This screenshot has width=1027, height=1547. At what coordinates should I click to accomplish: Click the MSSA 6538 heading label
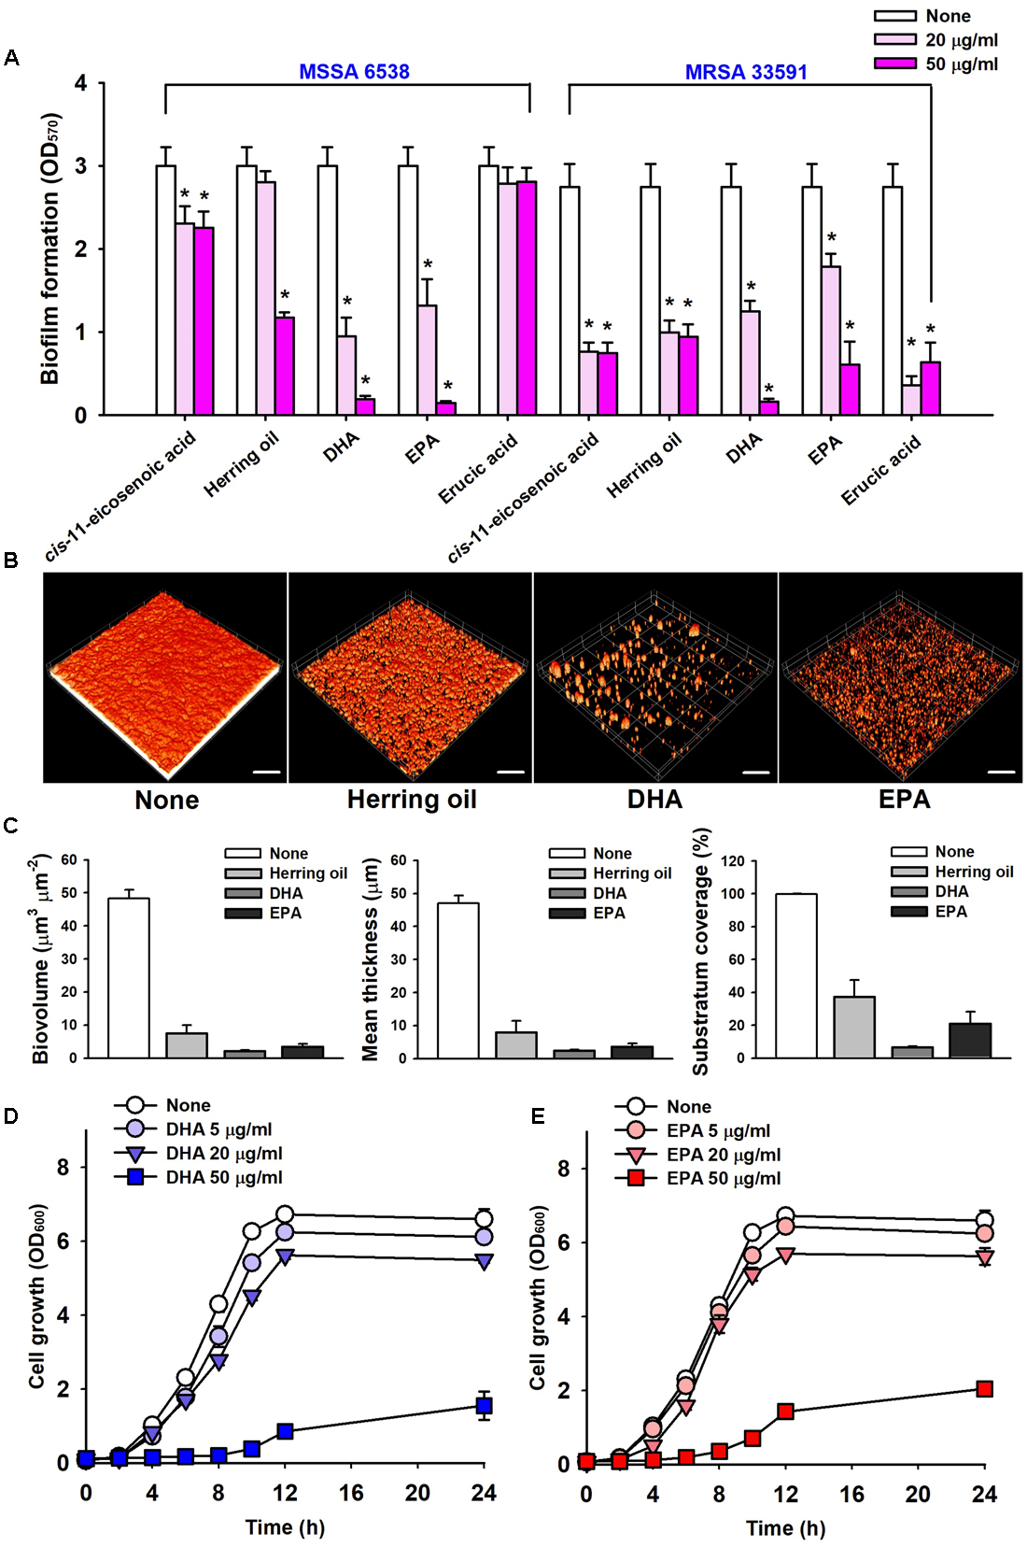coord(354,72)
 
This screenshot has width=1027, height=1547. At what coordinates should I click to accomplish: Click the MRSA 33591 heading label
coord(745,72)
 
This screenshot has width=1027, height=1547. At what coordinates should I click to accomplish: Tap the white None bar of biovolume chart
coord(129,977)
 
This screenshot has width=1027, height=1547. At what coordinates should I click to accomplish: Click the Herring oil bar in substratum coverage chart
coord(854,1027)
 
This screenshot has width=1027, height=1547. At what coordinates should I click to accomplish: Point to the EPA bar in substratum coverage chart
coord(970,1040)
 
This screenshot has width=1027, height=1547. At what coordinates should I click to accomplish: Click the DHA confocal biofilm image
coord(654,677)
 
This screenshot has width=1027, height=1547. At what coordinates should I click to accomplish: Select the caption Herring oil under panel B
coord(412,800)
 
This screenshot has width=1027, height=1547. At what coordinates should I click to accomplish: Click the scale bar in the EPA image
coord(1001,773)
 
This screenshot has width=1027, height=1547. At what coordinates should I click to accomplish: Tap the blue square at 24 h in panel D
coord(484,1406)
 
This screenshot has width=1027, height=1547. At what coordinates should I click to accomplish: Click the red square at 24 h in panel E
coord(984,1389)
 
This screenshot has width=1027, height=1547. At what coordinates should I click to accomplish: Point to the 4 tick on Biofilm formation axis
coord(81,83)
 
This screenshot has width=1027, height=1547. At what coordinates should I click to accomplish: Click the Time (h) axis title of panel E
coord(785,1528)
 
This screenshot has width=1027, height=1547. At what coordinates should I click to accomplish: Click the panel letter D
coord(11,1116)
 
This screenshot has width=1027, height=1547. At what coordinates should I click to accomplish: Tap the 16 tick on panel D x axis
coord(351,1493)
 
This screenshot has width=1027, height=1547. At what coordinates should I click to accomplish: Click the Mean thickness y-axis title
coord(371,960)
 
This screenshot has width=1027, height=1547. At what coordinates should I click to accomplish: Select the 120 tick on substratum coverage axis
coord(733,860)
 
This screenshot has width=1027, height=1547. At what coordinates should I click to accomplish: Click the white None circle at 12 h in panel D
coord(285,1214)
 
